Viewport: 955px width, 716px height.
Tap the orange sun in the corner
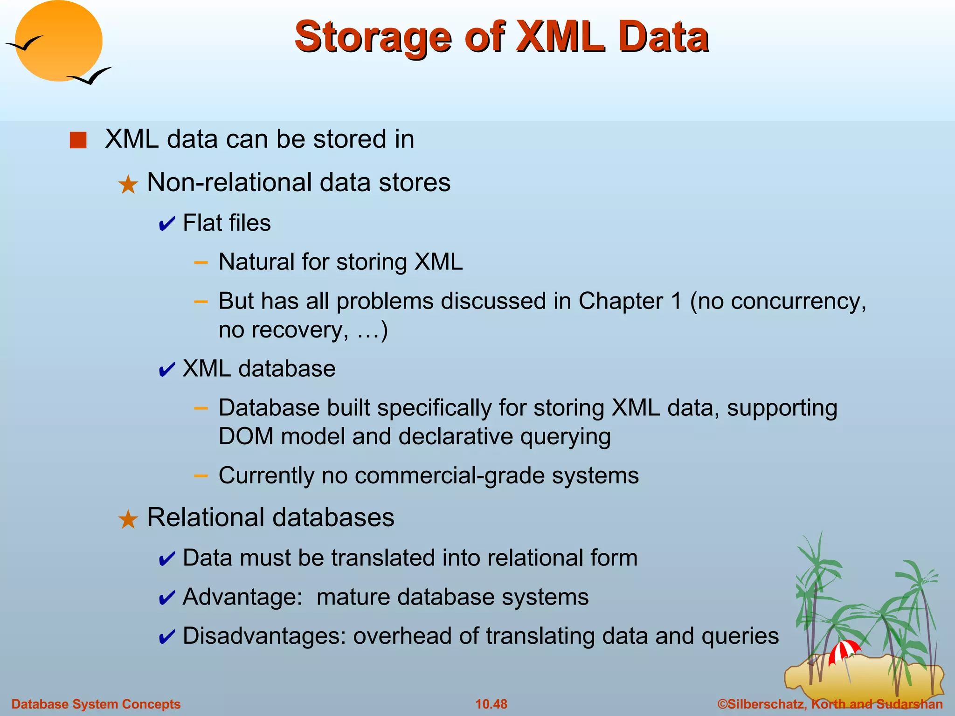pos(58,41)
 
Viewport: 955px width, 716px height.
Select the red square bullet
pos(78,140)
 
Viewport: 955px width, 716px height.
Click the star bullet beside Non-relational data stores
pos(128,185)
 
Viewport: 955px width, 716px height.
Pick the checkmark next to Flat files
pos(166,224)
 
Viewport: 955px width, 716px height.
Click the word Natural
pos(256,262)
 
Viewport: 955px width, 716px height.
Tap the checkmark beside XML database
pos(166,370)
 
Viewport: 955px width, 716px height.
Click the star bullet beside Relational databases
pos(128,519)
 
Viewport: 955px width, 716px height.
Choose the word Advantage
pos(242,597)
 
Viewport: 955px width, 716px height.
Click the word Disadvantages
pos(263,636)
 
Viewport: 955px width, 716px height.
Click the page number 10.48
pos(491,704)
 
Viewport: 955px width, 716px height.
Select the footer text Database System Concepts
pos(96,704)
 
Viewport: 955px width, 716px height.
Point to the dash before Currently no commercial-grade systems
pos(201,475)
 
